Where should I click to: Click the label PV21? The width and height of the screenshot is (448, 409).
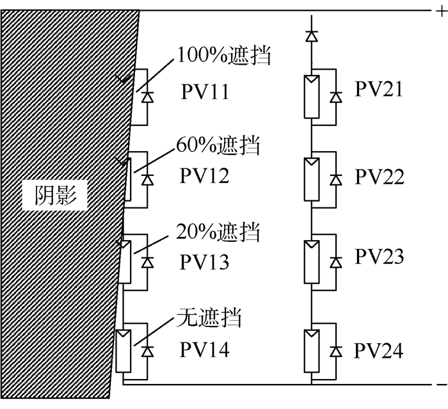coord(380,90)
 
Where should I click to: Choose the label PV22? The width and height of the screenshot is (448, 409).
coord(380,177)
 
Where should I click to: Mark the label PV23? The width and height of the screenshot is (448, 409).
coord(380,257)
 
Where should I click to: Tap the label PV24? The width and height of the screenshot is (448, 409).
coord(380,351)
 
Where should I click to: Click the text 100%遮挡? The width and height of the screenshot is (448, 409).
coord(224,56)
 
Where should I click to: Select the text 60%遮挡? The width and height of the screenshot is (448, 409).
coord(218,146)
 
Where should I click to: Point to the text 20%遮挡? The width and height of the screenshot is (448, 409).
coord(218,232)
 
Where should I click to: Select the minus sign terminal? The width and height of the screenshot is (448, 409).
coord(440,385)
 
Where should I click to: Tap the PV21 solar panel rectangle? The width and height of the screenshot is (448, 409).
coord(312,97)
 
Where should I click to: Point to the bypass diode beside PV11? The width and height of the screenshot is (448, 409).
coord(147,97)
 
